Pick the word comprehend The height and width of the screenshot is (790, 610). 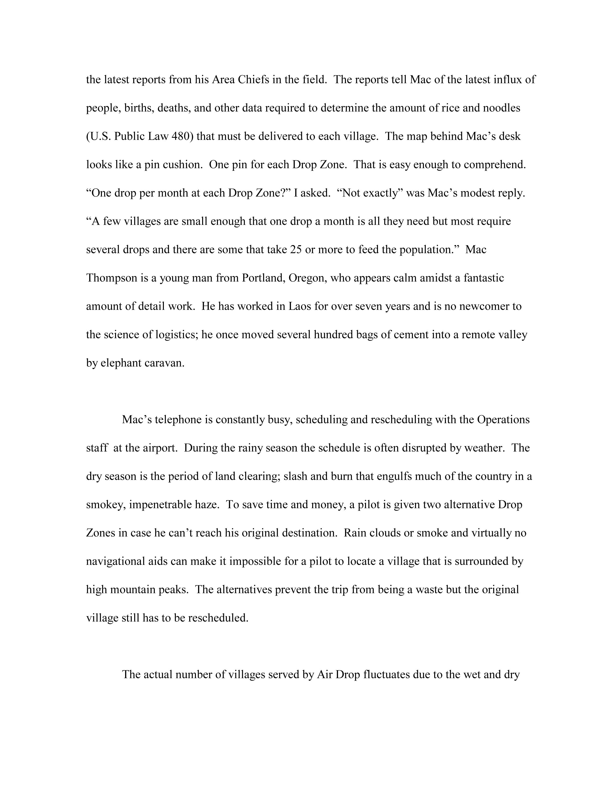click(x=494, y=165)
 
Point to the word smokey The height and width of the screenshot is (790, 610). click(x=105, y=505)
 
